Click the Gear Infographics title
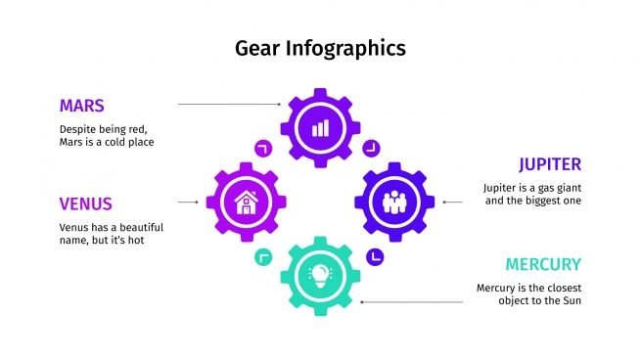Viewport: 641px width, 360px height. pos(320,47)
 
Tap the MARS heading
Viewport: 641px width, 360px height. pos(82,106)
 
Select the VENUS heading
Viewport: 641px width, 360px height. pos(85,204)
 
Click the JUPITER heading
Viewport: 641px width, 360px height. pos(550,164)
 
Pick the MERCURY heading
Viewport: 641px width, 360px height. pos(543,264)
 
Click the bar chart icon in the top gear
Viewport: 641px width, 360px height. pos(320,127)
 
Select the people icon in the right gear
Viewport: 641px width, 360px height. pos(393,202)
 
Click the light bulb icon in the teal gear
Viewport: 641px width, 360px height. pos(320,275)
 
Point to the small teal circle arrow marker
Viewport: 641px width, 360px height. pos(262,257)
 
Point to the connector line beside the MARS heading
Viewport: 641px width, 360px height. pos(231,104)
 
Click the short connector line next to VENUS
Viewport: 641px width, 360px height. pos(189,202)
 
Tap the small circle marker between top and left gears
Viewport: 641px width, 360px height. pos(262,149)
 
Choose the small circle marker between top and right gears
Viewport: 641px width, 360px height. pos(371,149)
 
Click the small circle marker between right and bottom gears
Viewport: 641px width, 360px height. pos(374,257)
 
